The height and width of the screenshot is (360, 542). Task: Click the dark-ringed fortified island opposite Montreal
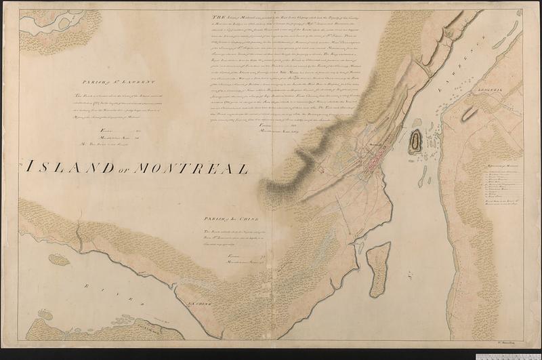(x=415, y=141)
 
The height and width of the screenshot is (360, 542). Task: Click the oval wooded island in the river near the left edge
(x=58, y=259)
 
